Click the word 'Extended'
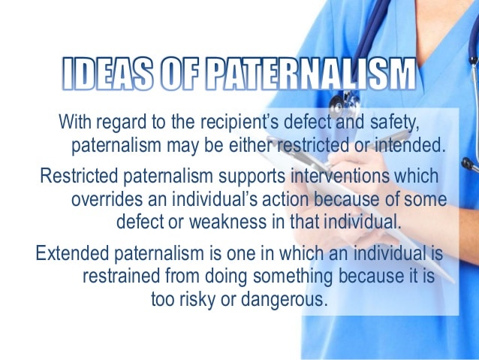pyautogui.click(x=69, y=253)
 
